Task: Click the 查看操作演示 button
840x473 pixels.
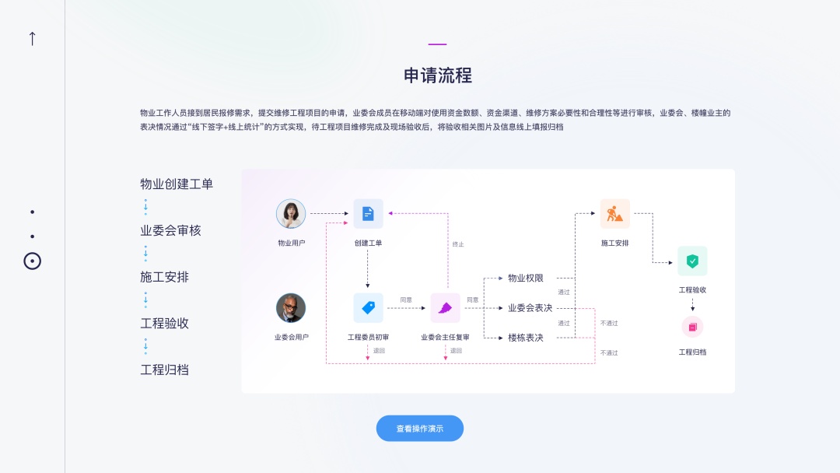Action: click(x=420, y=429)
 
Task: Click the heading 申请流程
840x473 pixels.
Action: click(x=438, y=75)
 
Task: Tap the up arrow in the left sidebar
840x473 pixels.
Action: click(x=32, y=38)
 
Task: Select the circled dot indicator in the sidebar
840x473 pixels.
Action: click(x=32, y=261)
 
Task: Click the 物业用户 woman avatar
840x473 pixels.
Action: click(x=291, y=214)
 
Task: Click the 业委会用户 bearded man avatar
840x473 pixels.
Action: click(x=291, y=308)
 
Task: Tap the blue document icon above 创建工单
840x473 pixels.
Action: click(x=368, y=214)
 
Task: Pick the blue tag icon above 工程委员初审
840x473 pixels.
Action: click(x=368, y=308)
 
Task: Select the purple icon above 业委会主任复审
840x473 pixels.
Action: click(x=445, y=308)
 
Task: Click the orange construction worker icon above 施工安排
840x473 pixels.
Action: click(x=614, y=214)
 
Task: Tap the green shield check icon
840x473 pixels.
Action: click(x=692, y=261)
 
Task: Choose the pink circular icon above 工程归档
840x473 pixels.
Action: click(x=692, y=327)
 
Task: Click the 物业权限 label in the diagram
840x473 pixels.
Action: click(x=526, y=278)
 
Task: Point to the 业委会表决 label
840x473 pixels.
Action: click(x=530, y=308)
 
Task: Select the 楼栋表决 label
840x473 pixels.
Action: click(x=526, y=338)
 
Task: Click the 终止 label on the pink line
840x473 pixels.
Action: click(x=458, y=244)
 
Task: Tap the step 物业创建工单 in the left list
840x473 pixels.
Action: click(x=177, y=184)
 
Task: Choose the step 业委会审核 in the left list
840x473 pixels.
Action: click(x=170, y=231)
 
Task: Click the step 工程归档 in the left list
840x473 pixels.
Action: click(x=164, y=370)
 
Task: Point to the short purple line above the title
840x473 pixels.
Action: click(x=438, y=44)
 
